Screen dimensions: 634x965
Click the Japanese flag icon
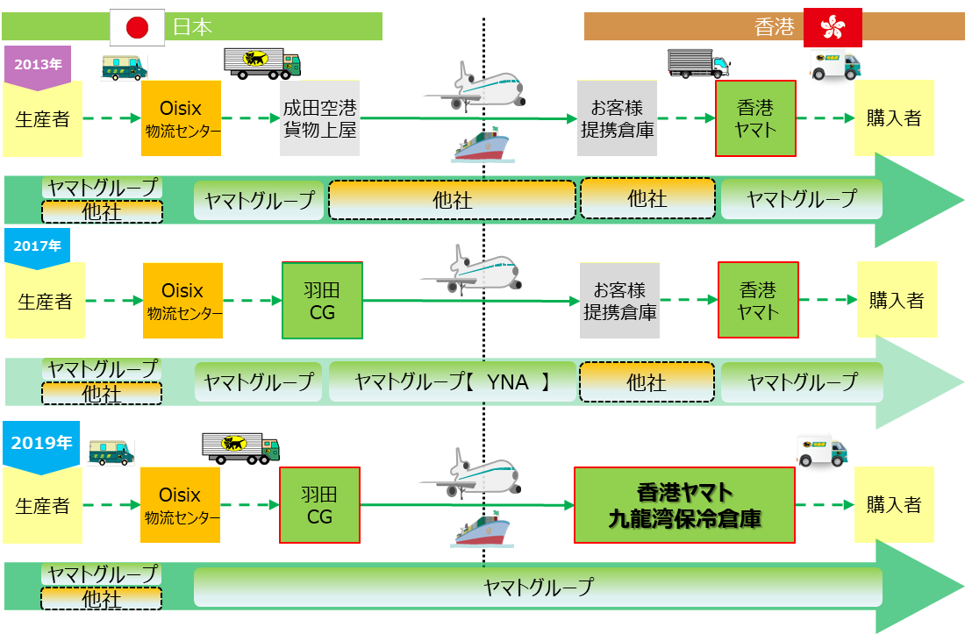137,26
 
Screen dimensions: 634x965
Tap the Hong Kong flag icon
833,27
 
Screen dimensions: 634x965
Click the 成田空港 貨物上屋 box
319,118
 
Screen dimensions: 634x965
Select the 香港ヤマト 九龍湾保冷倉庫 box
684,505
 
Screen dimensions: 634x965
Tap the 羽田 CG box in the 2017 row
322,301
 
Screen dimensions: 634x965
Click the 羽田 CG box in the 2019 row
319,505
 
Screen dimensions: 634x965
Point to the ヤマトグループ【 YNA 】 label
453,381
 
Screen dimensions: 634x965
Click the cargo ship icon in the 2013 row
482,145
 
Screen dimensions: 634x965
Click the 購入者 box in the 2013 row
894,118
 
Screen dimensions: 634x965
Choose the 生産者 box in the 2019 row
42,505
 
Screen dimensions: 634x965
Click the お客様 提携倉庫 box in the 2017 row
619,301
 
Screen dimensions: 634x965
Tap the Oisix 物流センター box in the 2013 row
182,118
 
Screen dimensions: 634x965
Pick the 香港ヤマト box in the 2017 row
758,301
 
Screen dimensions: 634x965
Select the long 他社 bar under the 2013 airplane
453,200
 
